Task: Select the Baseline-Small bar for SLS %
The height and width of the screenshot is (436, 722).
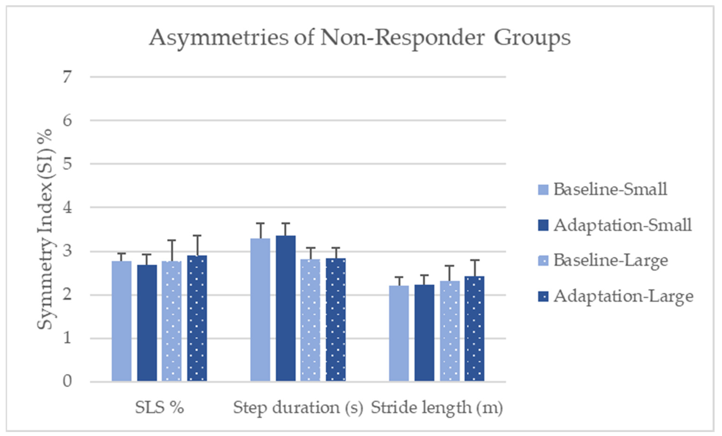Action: point(122,321)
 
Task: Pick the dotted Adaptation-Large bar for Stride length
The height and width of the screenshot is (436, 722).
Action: point(474,328)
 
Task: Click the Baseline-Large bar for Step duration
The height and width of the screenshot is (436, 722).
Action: point(310,320)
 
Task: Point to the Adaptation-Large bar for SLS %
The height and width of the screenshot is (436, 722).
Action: point(197,318)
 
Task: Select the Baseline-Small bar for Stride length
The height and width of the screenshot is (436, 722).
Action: point(399,333)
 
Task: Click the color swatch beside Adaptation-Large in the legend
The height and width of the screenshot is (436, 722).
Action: point(543,296)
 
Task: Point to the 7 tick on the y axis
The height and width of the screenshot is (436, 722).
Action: point(67,77)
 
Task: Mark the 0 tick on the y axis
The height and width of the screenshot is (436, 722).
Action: point(67,381)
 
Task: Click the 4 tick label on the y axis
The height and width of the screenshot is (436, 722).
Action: point(67,208)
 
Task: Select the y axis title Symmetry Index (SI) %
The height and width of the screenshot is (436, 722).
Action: point(45,229)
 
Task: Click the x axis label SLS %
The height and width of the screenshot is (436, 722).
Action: point(159,407)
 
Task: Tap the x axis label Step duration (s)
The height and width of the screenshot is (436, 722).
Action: point(298,407)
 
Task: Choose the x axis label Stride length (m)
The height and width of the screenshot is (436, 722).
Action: point(437,407)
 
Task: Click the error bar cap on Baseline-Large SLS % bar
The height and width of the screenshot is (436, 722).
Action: point(172,240)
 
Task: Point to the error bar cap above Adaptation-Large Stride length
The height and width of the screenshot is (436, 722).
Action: point(474,260)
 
